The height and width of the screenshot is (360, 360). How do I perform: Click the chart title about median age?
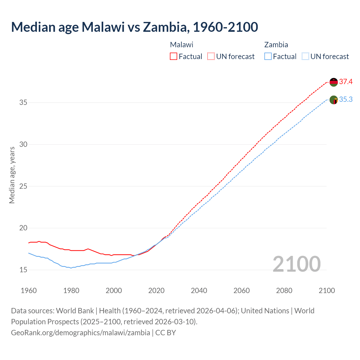(x=134, y=27)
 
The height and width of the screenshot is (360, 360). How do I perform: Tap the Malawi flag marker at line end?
(x=334, y=82)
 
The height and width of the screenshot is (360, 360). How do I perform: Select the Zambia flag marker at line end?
(x=334, y=100)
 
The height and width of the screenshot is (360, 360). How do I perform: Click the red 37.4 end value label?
(x=346, y=82)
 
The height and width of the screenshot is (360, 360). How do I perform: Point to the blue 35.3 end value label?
(x=346, y=100)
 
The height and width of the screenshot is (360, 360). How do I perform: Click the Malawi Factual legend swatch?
(x=174, y=56)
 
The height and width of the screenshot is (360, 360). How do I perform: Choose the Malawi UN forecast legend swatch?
(x=211, y=56)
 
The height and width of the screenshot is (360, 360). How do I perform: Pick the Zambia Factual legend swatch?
(x=268, y=56)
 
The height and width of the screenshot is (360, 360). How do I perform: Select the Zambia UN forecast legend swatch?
(x=305, y=56)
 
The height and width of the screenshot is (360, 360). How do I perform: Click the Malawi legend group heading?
(x=182, y=45)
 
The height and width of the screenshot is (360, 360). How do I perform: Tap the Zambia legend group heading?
(x=276, y=45)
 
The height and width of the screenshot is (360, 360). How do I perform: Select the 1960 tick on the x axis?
(x=29, y=291)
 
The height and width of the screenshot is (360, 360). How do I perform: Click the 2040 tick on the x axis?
(x=199, y=291)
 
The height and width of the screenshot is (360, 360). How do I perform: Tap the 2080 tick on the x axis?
(x=284, y=291)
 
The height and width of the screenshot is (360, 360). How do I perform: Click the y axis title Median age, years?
(x=12, y=175)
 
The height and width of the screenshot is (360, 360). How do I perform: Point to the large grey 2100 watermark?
(x=296, y=264)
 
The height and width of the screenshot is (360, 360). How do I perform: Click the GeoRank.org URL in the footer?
(x=80, y=333)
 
